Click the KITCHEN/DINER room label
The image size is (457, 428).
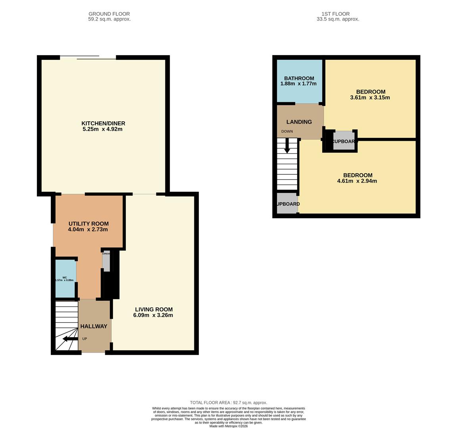click(x=103, y=123)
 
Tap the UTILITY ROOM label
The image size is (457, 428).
click(x=88, y=224)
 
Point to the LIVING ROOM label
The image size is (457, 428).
click(x=154, y=310)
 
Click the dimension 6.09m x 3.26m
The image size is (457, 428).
click(x=153, y=315)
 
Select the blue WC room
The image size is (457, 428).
click(x=65, y=279)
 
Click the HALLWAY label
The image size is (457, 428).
click(x=94, y=326)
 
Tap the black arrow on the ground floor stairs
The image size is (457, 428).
click(x=70, y=339)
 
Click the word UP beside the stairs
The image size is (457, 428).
click(x=84, y=339)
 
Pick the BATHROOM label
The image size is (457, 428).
click(x=299, y=78)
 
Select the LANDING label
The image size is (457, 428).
click(x=299, y=122)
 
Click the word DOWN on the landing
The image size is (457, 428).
click(x=287, y=132)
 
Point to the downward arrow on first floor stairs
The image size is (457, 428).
click(x=287, y=147)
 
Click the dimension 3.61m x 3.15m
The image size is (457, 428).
click(x=370, y=97)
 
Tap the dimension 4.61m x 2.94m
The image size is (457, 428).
click(x=357, y=181)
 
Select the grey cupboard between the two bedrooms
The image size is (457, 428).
click(x=343, y=141)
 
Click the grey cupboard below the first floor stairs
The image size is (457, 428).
click(x=287, y=204)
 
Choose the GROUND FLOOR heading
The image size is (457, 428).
click(x=109, y=14)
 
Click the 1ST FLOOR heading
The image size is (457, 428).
click(x=335, y=14)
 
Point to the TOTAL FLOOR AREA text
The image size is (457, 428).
click(x=228, y=402)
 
